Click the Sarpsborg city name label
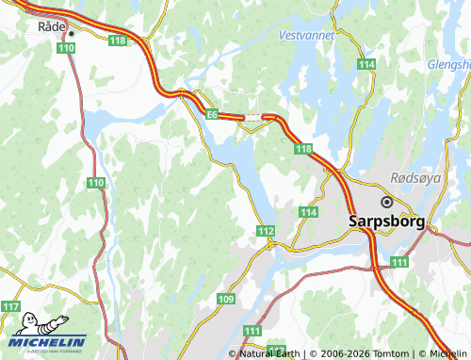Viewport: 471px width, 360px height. click(386, 222)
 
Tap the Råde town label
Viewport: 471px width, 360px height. click(50, 28)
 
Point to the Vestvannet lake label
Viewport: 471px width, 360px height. click(306, 35)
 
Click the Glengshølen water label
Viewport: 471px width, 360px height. click(449, 65)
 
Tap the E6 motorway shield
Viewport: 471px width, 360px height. click(213, 114)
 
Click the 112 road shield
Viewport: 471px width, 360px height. click(265, 231)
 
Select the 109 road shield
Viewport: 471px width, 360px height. click(225, 300)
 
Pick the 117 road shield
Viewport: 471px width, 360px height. click(10, 307)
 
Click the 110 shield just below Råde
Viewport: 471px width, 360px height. click(65, 47)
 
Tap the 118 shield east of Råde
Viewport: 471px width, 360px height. click(118, 41)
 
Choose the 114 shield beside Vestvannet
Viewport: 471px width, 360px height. click(366, 64)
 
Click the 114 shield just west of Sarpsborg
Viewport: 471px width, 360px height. click(308, 213)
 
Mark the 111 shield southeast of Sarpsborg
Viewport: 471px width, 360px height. click(399, 261)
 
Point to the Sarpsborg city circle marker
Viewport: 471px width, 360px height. click(386, 202)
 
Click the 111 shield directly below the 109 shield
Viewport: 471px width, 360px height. click(252, 331)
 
